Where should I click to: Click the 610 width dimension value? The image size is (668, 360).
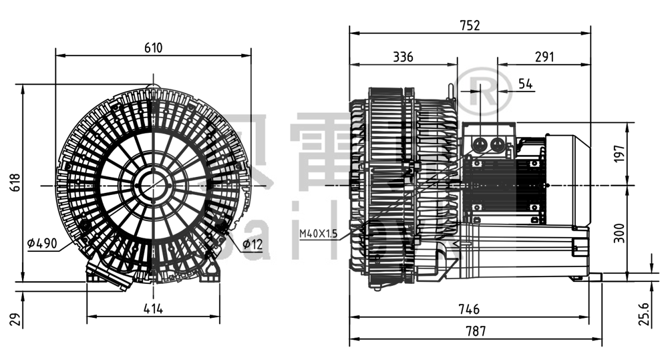coord(153,47)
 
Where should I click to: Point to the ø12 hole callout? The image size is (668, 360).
coord(253,244)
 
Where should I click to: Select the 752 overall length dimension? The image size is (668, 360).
coord(470,25)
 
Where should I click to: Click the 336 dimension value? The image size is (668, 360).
coord(403,57)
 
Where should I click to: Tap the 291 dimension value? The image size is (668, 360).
coord(544,57)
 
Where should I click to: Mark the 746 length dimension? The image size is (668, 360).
coord(470,310)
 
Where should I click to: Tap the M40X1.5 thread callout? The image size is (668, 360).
coord(318,233)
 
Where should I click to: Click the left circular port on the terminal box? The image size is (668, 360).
coord(480,143)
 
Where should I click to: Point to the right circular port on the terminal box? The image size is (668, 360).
coord(497,143)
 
